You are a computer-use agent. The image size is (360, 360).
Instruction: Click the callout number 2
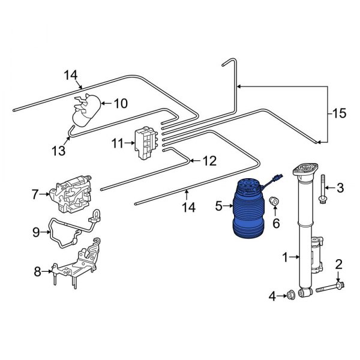click(x=339, y=263)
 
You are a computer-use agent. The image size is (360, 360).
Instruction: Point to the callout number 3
click(x=340, y=188)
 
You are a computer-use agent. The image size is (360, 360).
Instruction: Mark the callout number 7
click(x=34, y=194)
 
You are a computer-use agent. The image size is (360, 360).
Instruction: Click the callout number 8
click(x=37, y=272)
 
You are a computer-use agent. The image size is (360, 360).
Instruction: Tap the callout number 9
click(x=36, y=231)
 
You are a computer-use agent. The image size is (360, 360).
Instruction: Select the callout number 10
click(x=121, y=103)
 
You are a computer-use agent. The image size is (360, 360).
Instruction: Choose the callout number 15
click(x=340, y=113)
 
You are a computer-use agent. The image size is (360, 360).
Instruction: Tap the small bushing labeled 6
click(x=273, y=201)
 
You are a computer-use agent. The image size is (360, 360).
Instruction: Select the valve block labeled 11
click(x=144, y=143)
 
